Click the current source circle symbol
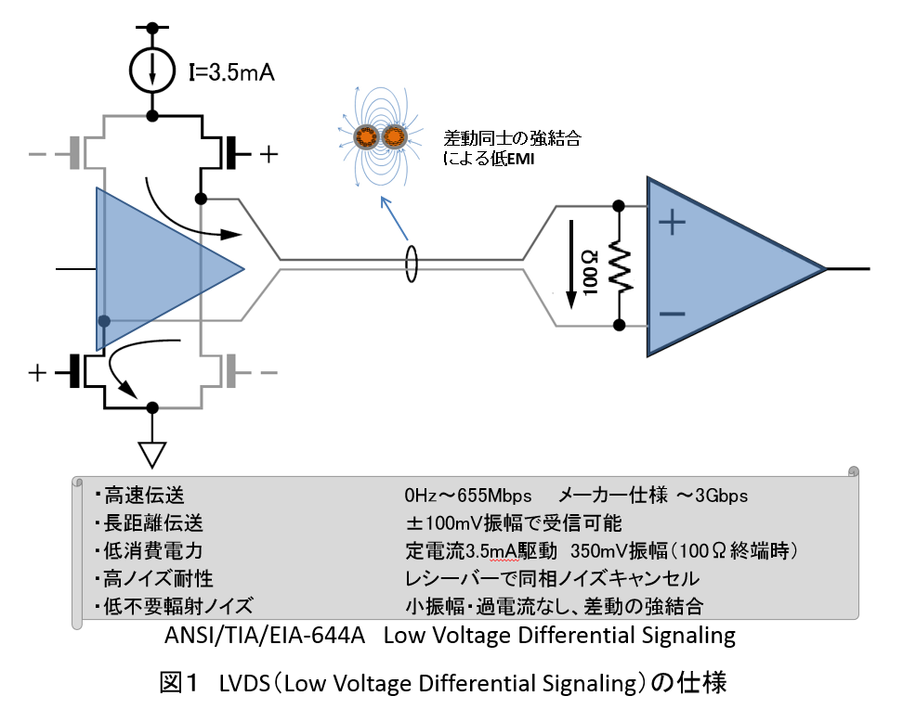(x=150, y=70)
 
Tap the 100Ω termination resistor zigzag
(x=620, y=266)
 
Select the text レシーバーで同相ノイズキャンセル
(x=552, y=579)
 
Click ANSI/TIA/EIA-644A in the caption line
(x=266, y=637)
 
